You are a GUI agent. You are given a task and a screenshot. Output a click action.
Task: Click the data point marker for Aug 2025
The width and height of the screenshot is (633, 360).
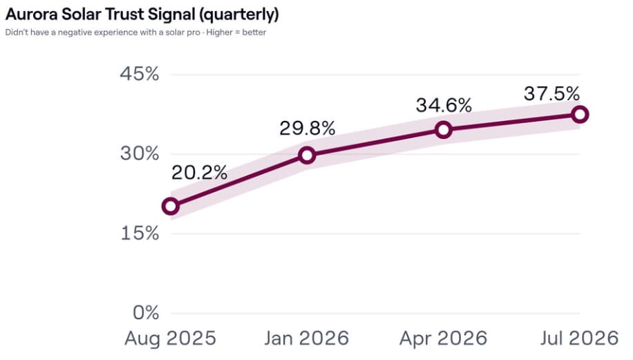pyautogui.click(x=171, y=206)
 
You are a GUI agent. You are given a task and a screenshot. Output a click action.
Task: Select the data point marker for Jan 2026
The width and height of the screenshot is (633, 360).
pyautogui.click(x=307, y=155)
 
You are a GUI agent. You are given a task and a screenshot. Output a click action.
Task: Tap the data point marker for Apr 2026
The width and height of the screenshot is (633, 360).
pyautogui.click(x=443, y=130)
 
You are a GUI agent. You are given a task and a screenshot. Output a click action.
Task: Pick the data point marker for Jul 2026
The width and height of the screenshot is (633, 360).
pyautogui.click(x=580, y=115)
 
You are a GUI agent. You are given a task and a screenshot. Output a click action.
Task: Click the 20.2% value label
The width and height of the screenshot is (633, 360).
pyautogui.click(x=200, y=173)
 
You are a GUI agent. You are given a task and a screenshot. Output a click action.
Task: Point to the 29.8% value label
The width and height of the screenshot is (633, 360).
pyautogui.click(x=308, y=129)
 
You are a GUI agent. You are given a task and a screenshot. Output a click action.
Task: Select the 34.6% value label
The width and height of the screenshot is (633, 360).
pyautogui.click(x=444, y=105)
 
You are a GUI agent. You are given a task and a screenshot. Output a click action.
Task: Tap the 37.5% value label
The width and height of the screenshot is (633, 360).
pyautogui.click(x=552, y=94)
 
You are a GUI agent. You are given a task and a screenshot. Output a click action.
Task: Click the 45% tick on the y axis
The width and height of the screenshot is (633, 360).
pyautogui.click(x=140, y=74)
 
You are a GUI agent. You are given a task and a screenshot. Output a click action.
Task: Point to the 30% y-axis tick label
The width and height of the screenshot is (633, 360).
pyautogui.click(x=140, y=154)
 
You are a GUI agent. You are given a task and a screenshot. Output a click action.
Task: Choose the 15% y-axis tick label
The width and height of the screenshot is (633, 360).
pyautogui.click(x=140, y=234)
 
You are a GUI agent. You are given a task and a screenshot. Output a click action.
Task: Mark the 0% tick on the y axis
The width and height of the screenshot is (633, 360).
pyautogui.click(x=146, y=313)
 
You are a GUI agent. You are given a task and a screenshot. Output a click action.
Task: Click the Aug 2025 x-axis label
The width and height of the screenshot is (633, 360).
pyautogui.click(x=171, y=338)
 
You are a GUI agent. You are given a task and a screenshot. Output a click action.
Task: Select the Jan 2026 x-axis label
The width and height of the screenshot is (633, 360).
pyautogui.click(x=307, y=338)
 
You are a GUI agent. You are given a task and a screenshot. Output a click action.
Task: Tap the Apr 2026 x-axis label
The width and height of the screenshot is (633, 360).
pyautogui.click(x=443, y=338)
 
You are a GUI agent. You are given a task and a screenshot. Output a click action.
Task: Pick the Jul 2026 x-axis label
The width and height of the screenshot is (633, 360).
pyautogui.click(x=580, y=338)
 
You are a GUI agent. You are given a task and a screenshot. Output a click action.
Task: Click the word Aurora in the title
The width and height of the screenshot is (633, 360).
pyautogui.click(x=32, y=14)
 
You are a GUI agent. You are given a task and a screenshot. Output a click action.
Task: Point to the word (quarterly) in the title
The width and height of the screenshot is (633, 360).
pyautogui.click(x=239, y=15)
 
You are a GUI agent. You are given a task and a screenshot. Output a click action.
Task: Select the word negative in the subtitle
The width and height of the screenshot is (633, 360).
pyautogui.click(x=75, y=32)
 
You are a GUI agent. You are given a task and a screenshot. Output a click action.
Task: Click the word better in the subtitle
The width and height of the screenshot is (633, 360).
pyautogui.click(x=254, y=32)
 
